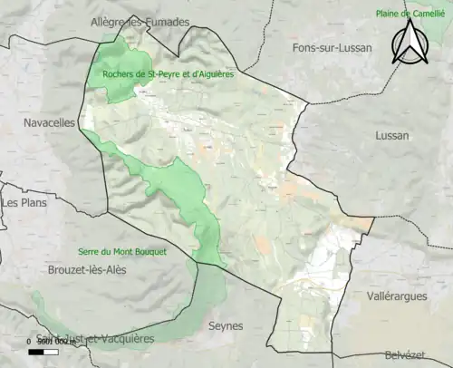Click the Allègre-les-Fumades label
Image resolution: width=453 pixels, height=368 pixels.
[x=140, y=22]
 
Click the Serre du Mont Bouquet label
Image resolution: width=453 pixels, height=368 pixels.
[x=121, y=252]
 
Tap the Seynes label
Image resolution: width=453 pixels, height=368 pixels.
[x=226, y=325]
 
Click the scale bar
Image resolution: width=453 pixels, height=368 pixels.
[x=43, y=350]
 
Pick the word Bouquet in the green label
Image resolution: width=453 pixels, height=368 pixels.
[x=149, y=252]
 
